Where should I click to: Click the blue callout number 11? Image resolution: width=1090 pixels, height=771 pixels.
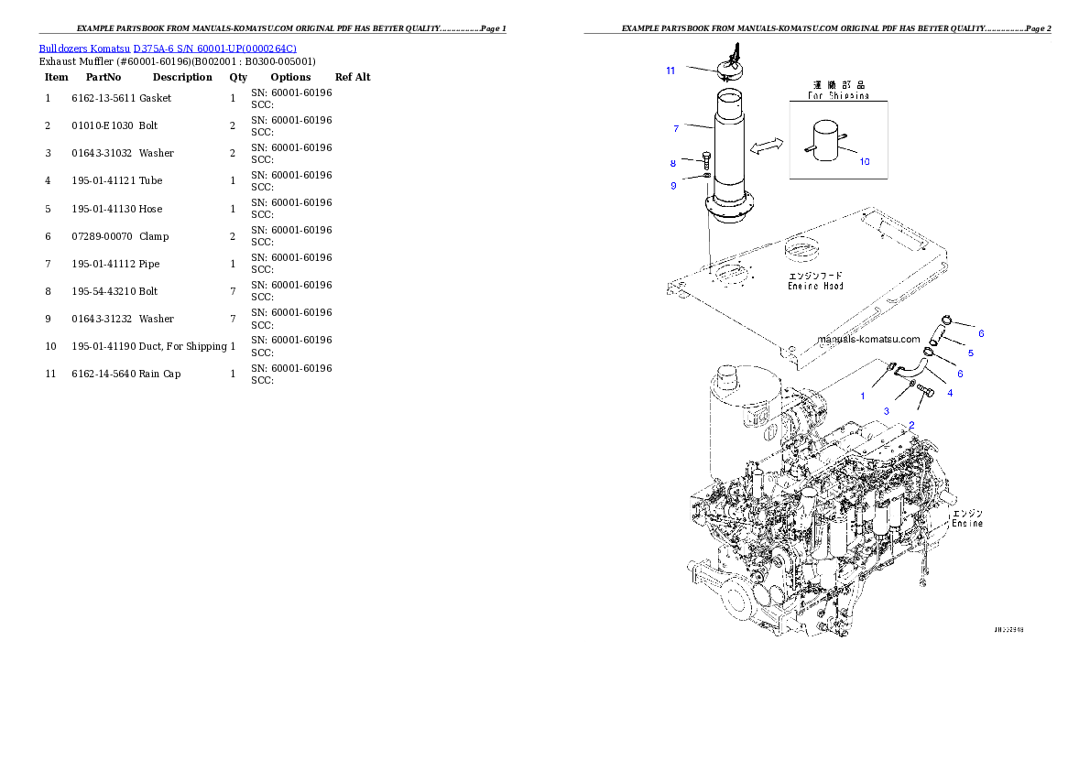[670, 71]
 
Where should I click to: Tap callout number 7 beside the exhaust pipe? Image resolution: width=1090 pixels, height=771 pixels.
[675, 128]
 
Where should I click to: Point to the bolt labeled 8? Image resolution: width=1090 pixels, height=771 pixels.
[706, 160]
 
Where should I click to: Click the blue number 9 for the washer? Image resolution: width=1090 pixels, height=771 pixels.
[673, 186]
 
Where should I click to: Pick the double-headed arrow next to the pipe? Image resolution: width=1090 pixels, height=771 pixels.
[767, 147]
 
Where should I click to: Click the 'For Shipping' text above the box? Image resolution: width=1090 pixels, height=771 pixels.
[838, 95]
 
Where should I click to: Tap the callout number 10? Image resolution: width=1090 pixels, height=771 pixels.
[864, 162]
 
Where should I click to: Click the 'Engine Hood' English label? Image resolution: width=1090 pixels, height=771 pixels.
[815, 286]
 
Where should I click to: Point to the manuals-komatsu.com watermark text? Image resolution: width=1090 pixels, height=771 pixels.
[868, 338]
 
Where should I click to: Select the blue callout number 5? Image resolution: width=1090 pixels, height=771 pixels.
[970, 353]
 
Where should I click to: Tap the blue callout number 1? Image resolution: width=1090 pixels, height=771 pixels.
[862, 396]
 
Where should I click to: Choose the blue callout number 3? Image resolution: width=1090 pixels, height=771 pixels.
[886, 412]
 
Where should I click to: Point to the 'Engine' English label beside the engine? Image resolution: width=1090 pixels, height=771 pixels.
[966, 524]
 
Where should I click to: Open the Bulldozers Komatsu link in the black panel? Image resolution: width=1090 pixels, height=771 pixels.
[168, 48]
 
